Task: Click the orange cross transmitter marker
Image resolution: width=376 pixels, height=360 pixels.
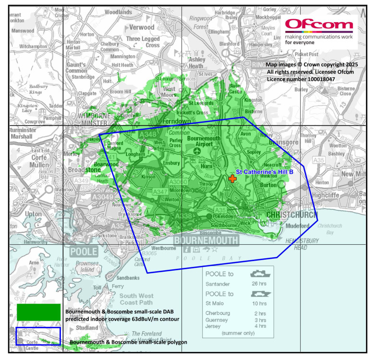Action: pyautogui.click(x=232, y=179)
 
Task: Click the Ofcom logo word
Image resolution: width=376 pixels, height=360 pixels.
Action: pyautogui.click(x=319, y=25)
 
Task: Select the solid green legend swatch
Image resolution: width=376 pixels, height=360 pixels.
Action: pyautogui.click(x=38, y=312)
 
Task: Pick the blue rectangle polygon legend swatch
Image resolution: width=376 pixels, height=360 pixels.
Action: pyautogui.click(x=38, y=336)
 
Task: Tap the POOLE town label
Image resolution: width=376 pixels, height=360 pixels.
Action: pyautogui.click(x=83, y=252)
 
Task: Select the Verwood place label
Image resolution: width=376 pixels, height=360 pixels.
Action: pyautogui.click(x=140, y=27)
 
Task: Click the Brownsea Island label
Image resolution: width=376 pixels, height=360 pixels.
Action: pyautogui.click(x=84, y=266)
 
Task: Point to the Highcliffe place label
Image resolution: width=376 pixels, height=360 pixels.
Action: pyautogui.click(x=326, y=195)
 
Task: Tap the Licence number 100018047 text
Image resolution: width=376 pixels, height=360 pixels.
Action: pyautogui.click(x=301, y=79)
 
